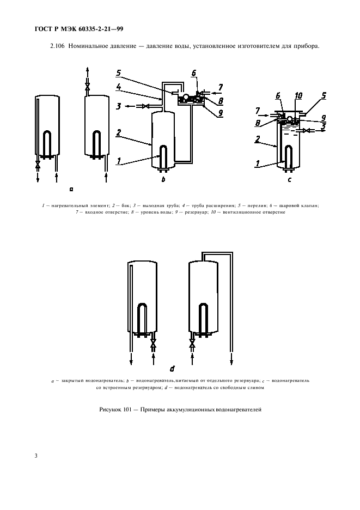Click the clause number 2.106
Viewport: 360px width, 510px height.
coord(57,46)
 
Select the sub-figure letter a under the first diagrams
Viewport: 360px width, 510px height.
coord(71,189)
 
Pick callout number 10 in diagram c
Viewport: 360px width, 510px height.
coord(298,96)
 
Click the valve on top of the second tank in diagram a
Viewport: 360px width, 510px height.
coord(87,87)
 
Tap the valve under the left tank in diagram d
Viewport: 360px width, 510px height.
coord(153,344)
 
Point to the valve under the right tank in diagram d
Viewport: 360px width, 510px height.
coord(192,344)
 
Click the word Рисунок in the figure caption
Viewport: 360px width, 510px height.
coord(112,410)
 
